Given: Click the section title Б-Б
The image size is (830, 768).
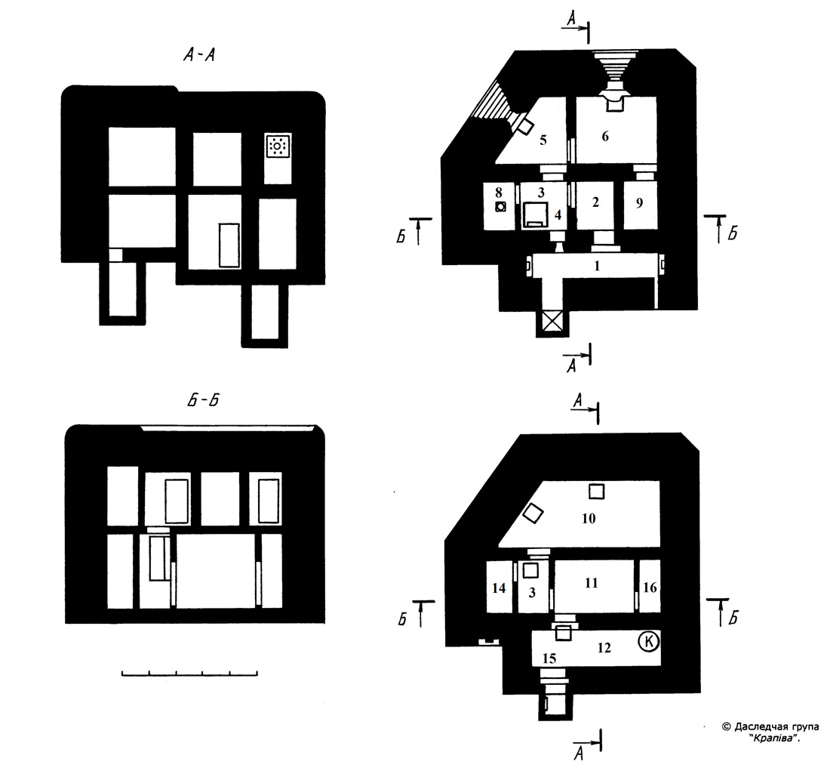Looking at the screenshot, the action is click(203, 400).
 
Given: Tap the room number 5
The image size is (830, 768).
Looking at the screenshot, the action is click(543, 140).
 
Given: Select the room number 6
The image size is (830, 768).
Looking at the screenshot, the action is click(605, 136).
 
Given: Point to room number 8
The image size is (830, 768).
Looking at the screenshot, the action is click(499, 190).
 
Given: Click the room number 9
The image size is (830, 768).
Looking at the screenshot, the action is click(639, 202).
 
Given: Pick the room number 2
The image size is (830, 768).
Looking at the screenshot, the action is click(595, 202).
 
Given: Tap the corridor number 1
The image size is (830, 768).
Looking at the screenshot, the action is click(597, 265).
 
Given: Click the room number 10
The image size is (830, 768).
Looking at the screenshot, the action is click(589, 518).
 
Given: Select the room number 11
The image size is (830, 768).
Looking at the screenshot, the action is click(592, 583).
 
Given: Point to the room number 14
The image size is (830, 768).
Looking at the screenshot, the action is click(499, 588).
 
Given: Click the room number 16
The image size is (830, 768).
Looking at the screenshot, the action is click(650, 587).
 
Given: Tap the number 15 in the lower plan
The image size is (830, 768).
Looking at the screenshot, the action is click(549, 658).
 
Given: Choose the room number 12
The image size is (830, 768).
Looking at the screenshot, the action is click(604, 647).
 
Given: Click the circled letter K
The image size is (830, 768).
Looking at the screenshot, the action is click(649, 642).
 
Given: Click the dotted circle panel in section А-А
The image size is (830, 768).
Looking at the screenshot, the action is click(278, 145).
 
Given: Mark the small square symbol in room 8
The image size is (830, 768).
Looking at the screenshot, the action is click(500, 207).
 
